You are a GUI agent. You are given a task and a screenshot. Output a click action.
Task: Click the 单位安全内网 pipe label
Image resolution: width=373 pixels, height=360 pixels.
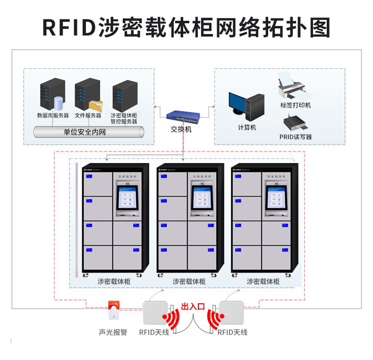85,132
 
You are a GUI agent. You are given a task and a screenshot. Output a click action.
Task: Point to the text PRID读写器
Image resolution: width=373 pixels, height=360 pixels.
296,137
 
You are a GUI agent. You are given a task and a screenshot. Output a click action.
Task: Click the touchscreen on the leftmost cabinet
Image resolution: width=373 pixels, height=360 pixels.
129,199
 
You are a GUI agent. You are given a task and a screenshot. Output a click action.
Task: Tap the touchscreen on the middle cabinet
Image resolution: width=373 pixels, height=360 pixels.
203,198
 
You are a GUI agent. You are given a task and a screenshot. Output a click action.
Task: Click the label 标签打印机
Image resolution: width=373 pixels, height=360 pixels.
296,105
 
